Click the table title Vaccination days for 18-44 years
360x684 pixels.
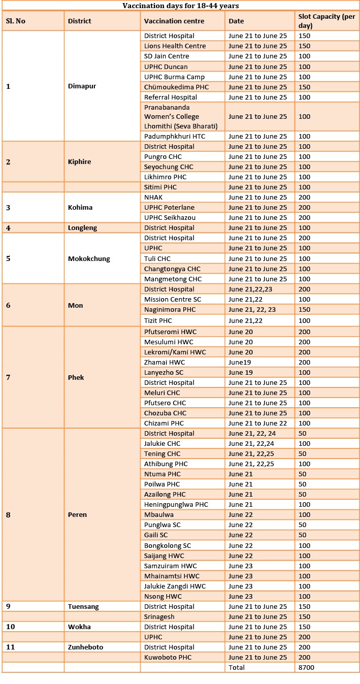point(181,6)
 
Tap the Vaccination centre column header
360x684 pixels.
point(174,21)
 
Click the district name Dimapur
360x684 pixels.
point(82,86)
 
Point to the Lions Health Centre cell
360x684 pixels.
point(175,46)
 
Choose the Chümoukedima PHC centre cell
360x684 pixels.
point(176,87)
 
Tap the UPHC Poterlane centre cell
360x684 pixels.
point(169,207)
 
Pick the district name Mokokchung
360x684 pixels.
point(89,258)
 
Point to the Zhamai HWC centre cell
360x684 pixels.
point(165,362)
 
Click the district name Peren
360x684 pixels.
point(77,514)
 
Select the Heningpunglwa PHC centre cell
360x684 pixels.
point(176,504)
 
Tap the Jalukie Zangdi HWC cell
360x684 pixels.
point(175,586)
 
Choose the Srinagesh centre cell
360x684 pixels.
point(159,616)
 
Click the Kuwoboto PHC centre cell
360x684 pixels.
point(167,657)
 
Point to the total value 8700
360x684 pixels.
point(306,667)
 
